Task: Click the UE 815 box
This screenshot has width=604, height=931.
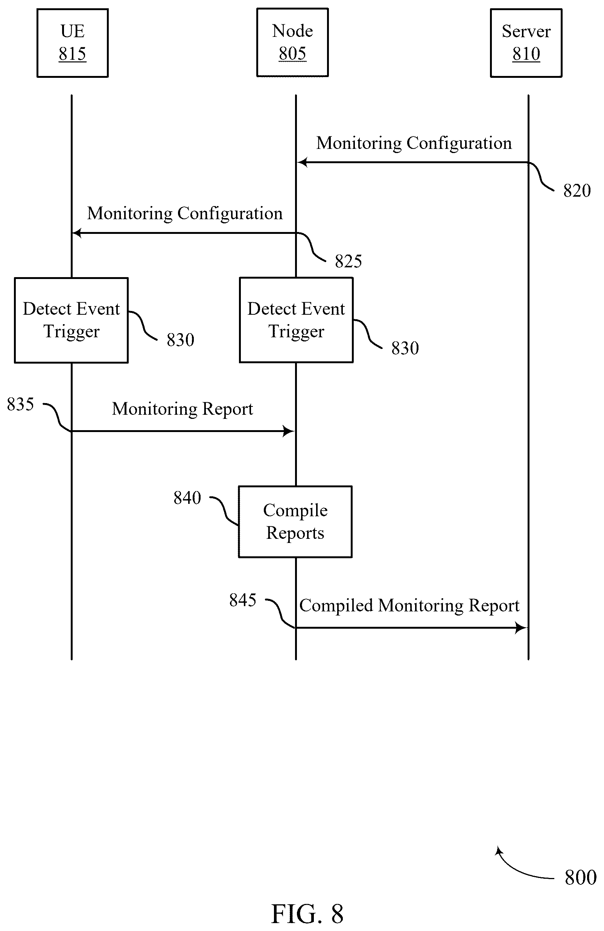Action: [x=72, y=43]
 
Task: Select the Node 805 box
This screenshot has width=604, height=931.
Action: [x=292, y=42]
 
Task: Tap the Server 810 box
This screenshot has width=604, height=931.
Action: [x=526, y=43]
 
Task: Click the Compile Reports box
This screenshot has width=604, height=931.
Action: [x=295, y=522]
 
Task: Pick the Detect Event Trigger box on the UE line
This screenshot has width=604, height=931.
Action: [x=71, y=320]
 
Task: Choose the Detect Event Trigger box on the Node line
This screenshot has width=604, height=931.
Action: [x=296, y=320]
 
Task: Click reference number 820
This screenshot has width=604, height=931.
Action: [x=577, y=191]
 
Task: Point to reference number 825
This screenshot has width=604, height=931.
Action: [x=348, y=261]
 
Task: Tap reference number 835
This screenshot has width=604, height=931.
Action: [x=20, y=404]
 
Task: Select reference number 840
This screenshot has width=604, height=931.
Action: [x=187, y=498]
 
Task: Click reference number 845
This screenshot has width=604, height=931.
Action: [x=243, y=600]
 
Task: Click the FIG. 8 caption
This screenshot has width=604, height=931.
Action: [x=307, y=914]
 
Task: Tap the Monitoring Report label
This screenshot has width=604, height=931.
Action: [x=183, y=409]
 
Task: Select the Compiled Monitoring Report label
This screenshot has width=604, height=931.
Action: [x=409, y=605]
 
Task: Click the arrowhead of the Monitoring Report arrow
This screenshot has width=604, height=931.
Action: [x=289, y=431]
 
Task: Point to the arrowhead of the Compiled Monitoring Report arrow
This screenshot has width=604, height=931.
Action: [x=522, y=628]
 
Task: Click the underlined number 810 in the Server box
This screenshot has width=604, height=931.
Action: [x=526, y=54]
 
